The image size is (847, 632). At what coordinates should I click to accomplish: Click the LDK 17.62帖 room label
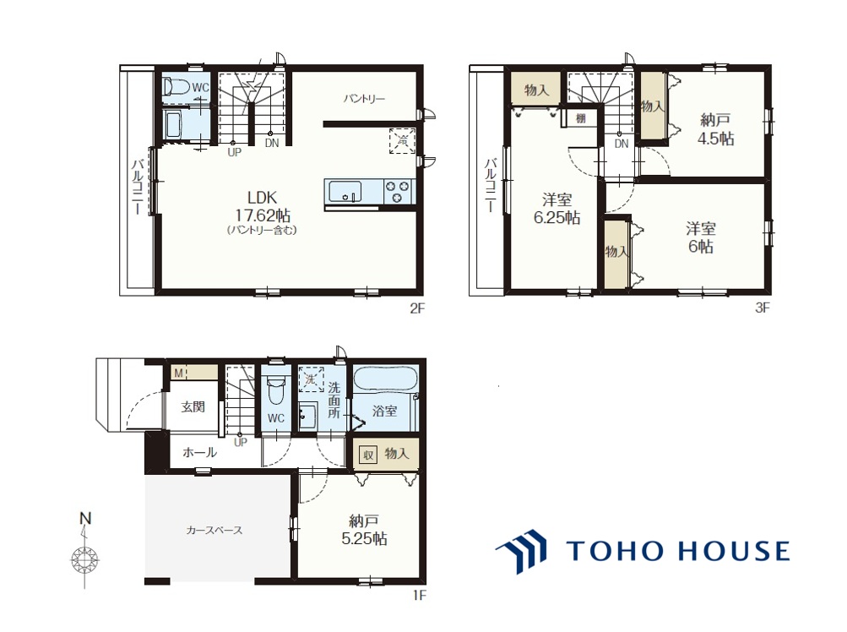click(263, 206)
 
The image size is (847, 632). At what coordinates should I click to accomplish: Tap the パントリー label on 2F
click(364, 99)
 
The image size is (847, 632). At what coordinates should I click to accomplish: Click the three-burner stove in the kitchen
click(398, 192)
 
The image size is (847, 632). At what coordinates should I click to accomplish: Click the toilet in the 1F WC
click(276, 390)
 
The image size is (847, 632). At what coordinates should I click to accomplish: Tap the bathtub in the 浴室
click(385, 378)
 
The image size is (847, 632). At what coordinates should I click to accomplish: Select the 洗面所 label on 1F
click(334, 400)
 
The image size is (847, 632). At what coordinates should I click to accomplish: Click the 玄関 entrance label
click(193, 406)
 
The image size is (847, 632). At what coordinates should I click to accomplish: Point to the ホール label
click(200, 452)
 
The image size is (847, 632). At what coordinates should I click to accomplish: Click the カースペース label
click(214, 531)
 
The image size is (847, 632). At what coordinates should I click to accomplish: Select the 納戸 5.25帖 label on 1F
click(364, 531)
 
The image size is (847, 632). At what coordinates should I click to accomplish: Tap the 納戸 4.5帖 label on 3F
click(716, 128)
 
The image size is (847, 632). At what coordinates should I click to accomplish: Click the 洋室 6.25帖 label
click(557, 209)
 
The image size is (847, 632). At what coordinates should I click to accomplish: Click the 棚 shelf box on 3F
click(581, 117)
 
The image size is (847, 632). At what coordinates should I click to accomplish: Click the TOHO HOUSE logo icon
click(522, 550)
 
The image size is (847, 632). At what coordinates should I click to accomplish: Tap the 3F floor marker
click(763, 308)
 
